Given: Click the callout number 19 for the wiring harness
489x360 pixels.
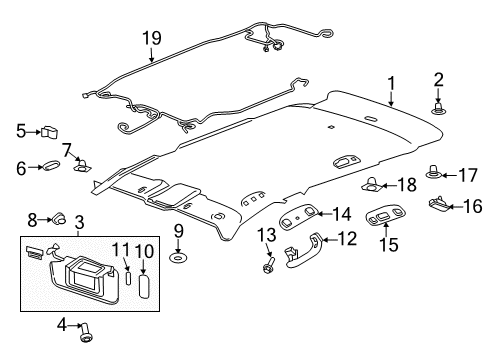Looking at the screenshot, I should tap(150, 38).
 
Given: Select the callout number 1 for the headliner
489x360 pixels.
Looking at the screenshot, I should tap(392, 87).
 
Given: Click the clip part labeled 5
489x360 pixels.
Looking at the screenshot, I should tap(50, 130).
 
